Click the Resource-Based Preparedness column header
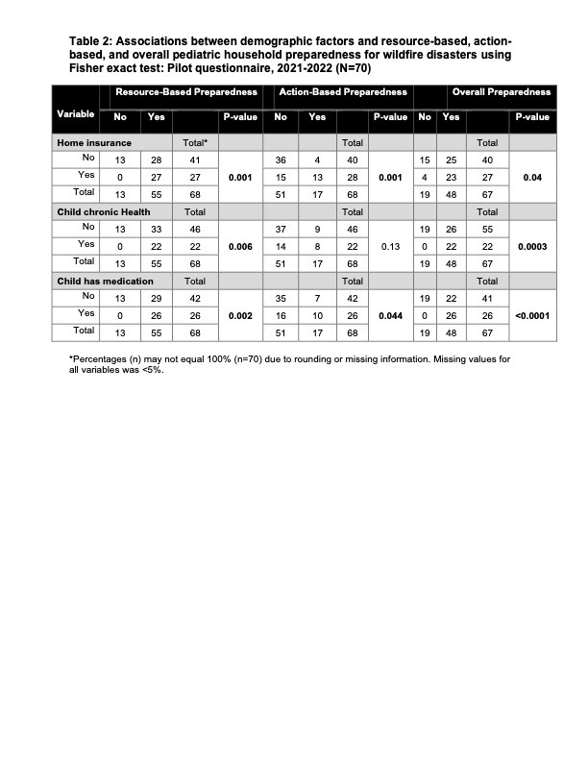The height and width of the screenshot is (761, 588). coord(186,92)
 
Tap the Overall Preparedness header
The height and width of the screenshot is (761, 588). coord(502,92)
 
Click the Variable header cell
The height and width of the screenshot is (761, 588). coord(75,115)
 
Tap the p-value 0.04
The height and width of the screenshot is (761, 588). coord(531,177)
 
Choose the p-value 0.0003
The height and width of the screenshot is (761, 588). coord(531,246)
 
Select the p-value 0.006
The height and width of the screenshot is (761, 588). coord(238,246)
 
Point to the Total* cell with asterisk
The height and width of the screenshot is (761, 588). coord(195,141)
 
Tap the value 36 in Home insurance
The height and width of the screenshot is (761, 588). coord(281,159)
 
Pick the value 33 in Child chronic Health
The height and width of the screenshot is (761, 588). coord(155,228)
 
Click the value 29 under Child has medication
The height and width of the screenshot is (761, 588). coord(155,298)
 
